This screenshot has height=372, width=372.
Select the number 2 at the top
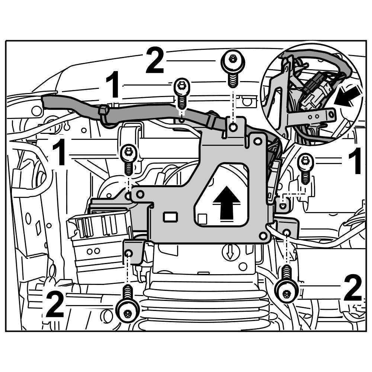pos(155,60)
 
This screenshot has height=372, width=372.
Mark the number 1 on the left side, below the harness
pos(60,153)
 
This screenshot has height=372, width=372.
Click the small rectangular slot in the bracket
pos(171,216)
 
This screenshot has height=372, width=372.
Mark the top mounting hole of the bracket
pos(233,128)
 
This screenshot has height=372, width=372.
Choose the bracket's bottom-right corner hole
pos(263,235)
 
